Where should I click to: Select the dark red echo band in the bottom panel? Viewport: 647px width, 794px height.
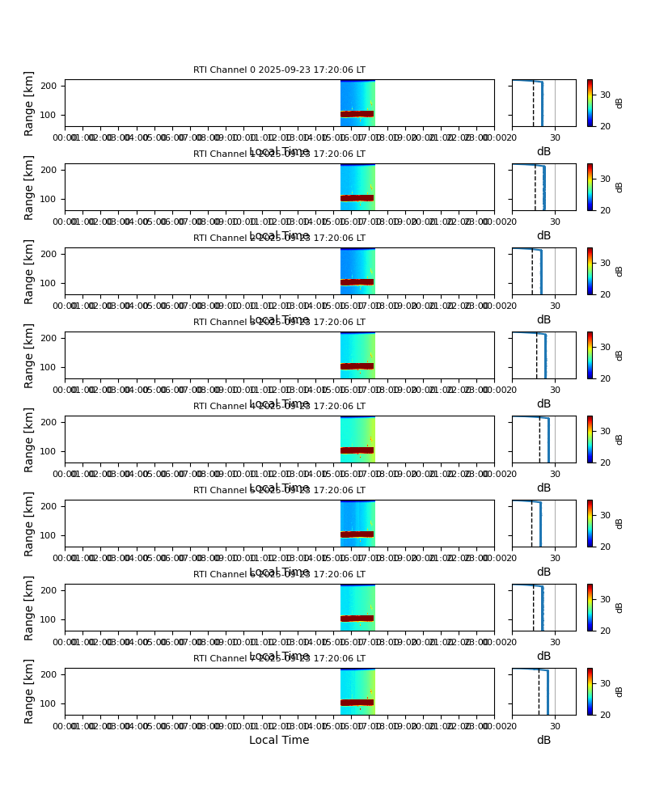(x=357, y=703)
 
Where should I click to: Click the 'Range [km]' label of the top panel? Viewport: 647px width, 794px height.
(x=30, y=103)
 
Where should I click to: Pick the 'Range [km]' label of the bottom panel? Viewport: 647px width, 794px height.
(x=30, y=691)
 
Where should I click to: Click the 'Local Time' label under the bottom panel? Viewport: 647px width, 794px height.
(x=279, y=740)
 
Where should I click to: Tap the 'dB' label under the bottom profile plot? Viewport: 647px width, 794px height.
(x=543, y=740)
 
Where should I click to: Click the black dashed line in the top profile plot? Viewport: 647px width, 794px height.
(x=533, y=105)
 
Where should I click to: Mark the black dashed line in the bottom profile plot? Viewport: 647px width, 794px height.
(x=539, y=694)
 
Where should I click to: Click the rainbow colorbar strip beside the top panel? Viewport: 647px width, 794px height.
(x=590, y=103)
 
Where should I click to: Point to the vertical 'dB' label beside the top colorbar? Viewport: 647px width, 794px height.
(x=620, y=103)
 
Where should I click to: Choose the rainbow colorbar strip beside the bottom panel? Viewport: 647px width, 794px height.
(x=590, y=691)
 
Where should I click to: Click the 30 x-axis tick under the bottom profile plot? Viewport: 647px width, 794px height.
(x=555, y=726)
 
